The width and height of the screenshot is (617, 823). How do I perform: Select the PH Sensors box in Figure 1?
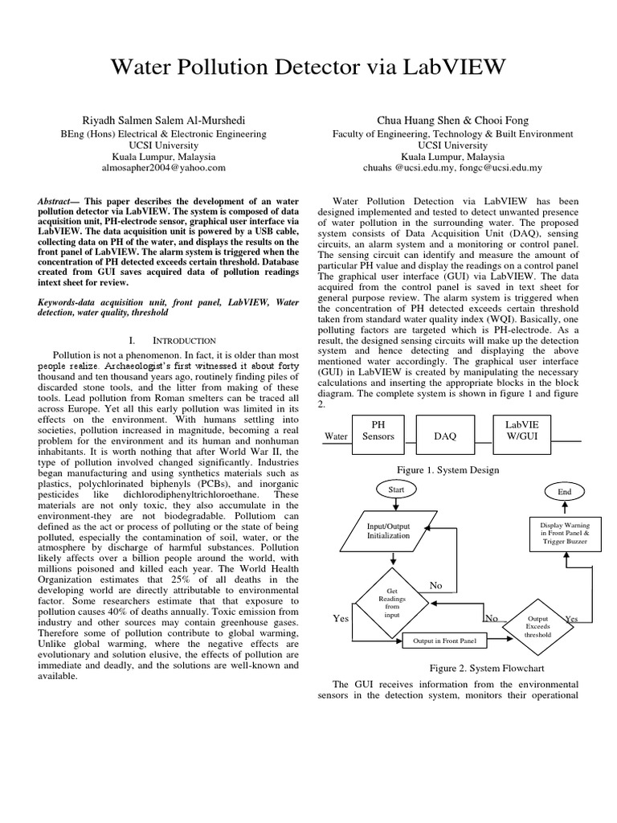point(378,430)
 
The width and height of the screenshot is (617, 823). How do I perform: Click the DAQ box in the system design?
point(444,436)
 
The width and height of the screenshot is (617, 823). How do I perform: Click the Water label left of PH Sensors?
point(335,436)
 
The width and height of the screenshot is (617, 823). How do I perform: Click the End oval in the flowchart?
point(564,490)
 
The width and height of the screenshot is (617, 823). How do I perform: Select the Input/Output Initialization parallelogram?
point(389,530)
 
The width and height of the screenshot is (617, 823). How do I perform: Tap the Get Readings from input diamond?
point(393,603)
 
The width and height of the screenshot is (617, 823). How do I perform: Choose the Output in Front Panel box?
point(444,641)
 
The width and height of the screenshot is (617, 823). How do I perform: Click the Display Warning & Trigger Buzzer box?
point(564,534)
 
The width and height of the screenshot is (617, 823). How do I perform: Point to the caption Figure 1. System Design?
point(447,469)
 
